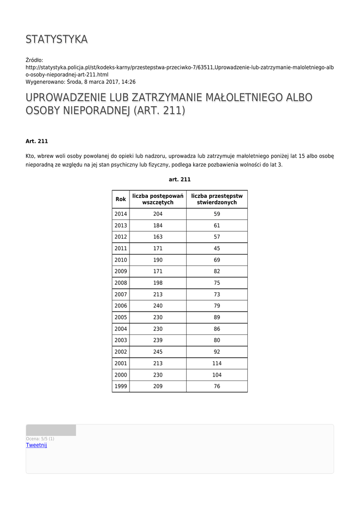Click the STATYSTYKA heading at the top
coord(57,39)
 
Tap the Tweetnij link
coord(36,445)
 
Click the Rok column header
coord(121,199)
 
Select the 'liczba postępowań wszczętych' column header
coord(158,199)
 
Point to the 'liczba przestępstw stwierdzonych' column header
coord(217,199)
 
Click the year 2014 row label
coord(121,214)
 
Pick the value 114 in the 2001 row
coord(217,364)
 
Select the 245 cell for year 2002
coord(158,352)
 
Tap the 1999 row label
coord(121,386)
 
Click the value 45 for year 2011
coord(217,249)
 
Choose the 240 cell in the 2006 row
coord(158,306)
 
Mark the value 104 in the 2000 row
coord(217,375)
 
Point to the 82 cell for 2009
coord(217,272)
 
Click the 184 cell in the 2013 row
coord(158,226)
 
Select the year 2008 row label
coord(121,283)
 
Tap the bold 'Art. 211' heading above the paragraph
coord(37,141)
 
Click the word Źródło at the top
coord(35,60)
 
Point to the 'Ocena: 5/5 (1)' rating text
coord(40,439)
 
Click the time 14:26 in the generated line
coord(129,82)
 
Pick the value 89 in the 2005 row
coord(217,317)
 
